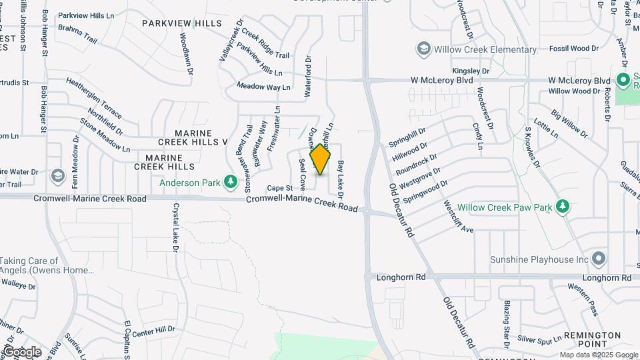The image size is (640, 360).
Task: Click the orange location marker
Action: (x=321, y=159)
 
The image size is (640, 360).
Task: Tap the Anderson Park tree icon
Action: (x=231, y=181)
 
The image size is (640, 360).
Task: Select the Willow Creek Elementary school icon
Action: (x=423, y=49)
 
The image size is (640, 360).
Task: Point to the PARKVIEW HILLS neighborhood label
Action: (x=181, y=23)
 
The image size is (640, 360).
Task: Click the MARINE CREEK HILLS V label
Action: (x=193, y=137)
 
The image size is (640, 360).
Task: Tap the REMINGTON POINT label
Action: (x=592, y=339)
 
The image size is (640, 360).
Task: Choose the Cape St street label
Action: (x=280, y=189)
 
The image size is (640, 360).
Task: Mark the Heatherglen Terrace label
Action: (x=93, y=97)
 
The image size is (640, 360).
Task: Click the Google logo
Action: (x=22, y=352)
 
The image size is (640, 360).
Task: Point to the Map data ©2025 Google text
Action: (x=598, y=355)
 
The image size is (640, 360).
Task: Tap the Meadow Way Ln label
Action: (x=264, y=86)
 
